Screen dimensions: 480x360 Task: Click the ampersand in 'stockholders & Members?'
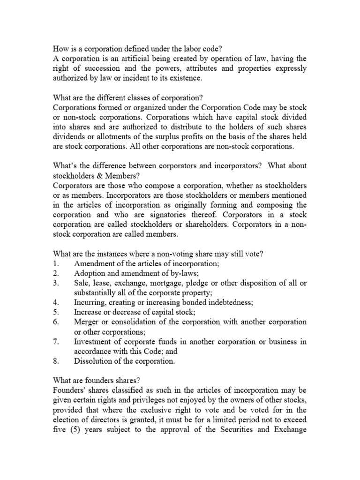tap(95, 176)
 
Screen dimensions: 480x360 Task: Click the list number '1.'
tap(56, 264)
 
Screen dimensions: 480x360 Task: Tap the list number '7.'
tap(56, 342)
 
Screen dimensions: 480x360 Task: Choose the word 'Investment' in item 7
tap(94, 342)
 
